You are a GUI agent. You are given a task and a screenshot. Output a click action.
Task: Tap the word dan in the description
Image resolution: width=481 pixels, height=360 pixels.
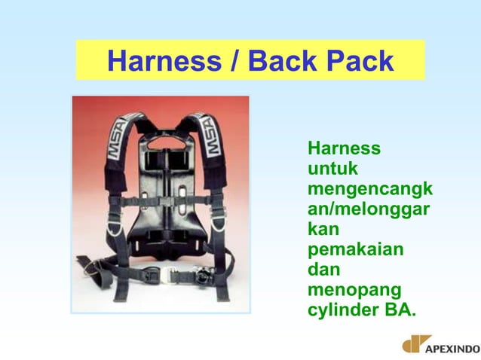[x=325, y=268]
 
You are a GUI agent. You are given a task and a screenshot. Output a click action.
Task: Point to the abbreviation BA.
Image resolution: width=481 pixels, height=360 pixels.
[x=400, y=309]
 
